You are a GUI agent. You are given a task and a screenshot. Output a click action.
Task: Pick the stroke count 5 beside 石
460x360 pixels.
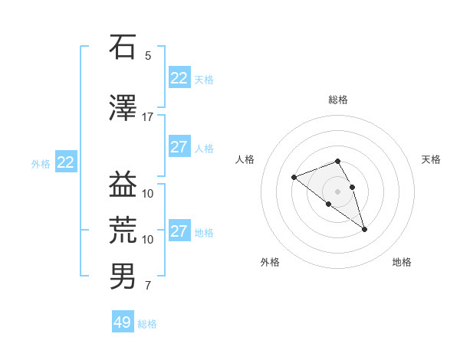click(x=148, y=56)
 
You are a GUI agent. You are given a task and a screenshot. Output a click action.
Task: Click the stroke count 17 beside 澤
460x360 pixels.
click(x=147, y=117)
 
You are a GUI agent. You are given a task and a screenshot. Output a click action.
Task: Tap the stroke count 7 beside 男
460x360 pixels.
click(x=148, y=286)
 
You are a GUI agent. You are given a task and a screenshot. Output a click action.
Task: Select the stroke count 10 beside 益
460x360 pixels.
click(x=148, y=194)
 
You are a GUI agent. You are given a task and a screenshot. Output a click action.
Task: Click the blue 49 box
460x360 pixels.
click(x=123, y=322)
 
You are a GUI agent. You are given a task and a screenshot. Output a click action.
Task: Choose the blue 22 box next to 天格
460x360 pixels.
click(x=179, y=78)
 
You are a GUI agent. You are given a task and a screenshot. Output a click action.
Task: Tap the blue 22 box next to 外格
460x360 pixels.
click(x=66, y=162)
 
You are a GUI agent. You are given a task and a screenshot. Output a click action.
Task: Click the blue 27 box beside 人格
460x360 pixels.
click(x=179, y=147)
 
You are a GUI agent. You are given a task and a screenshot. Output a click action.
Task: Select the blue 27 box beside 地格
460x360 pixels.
click(x=179, y=231)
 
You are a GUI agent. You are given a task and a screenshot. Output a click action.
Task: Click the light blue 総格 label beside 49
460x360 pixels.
click(x=147, y=324)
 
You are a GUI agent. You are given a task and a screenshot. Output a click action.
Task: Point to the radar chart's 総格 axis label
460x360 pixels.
click(x=338, y=100)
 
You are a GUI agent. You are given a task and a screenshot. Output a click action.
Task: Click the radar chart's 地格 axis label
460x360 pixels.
click(x=402, y=262)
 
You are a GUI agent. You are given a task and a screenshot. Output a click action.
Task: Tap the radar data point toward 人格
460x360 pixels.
click(x=294, y=177)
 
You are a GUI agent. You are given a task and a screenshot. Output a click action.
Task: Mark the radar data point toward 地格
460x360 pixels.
click(x=364, y=229)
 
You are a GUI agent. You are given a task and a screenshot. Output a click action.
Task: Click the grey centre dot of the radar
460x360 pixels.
click(x=338, y=191)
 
